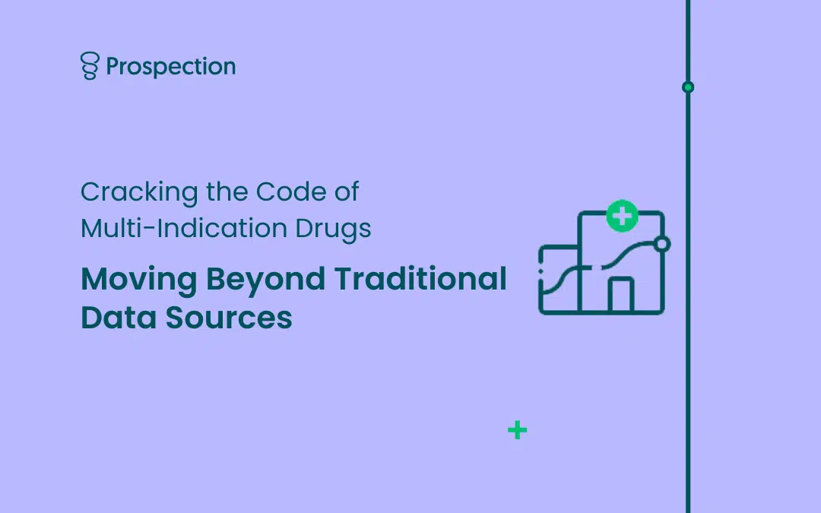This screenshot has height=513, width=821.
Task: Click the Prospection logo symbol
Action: [x=90, y=65]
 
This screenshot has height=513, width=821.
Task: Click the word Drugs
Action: [x=334, y=230]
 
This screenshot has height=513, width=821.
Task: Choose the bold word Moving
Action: [x=139, y=280]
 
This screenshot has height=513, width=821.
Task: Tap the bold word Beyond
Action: [x=265, y=280]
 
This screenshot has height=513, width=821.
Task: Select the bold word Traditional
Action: [x=420, y=278]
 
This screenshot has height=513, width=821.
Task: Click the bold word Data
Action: [x=119, y=318]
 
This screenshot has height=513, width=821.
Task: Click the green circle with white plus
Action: [x=622, y=216]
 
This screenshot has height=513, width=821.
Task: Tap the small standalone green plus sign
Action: [x=518, y=430]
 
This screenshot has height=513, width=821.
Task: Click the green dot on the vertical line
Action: [x=688, y=87]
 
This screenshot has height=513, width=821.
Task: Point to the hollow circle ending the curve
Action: [x=662, y=244]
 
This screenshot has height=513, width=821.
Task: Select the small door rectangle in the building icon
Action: [x=621, y=295]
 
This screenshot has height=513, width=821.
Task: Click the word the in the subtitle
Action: [x=227, y=192]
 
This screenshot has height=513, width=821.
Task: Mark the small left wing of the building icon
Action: [x=559, y=280]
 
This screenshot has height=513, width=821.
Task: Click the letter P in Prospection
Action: [x=113, y=66]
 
